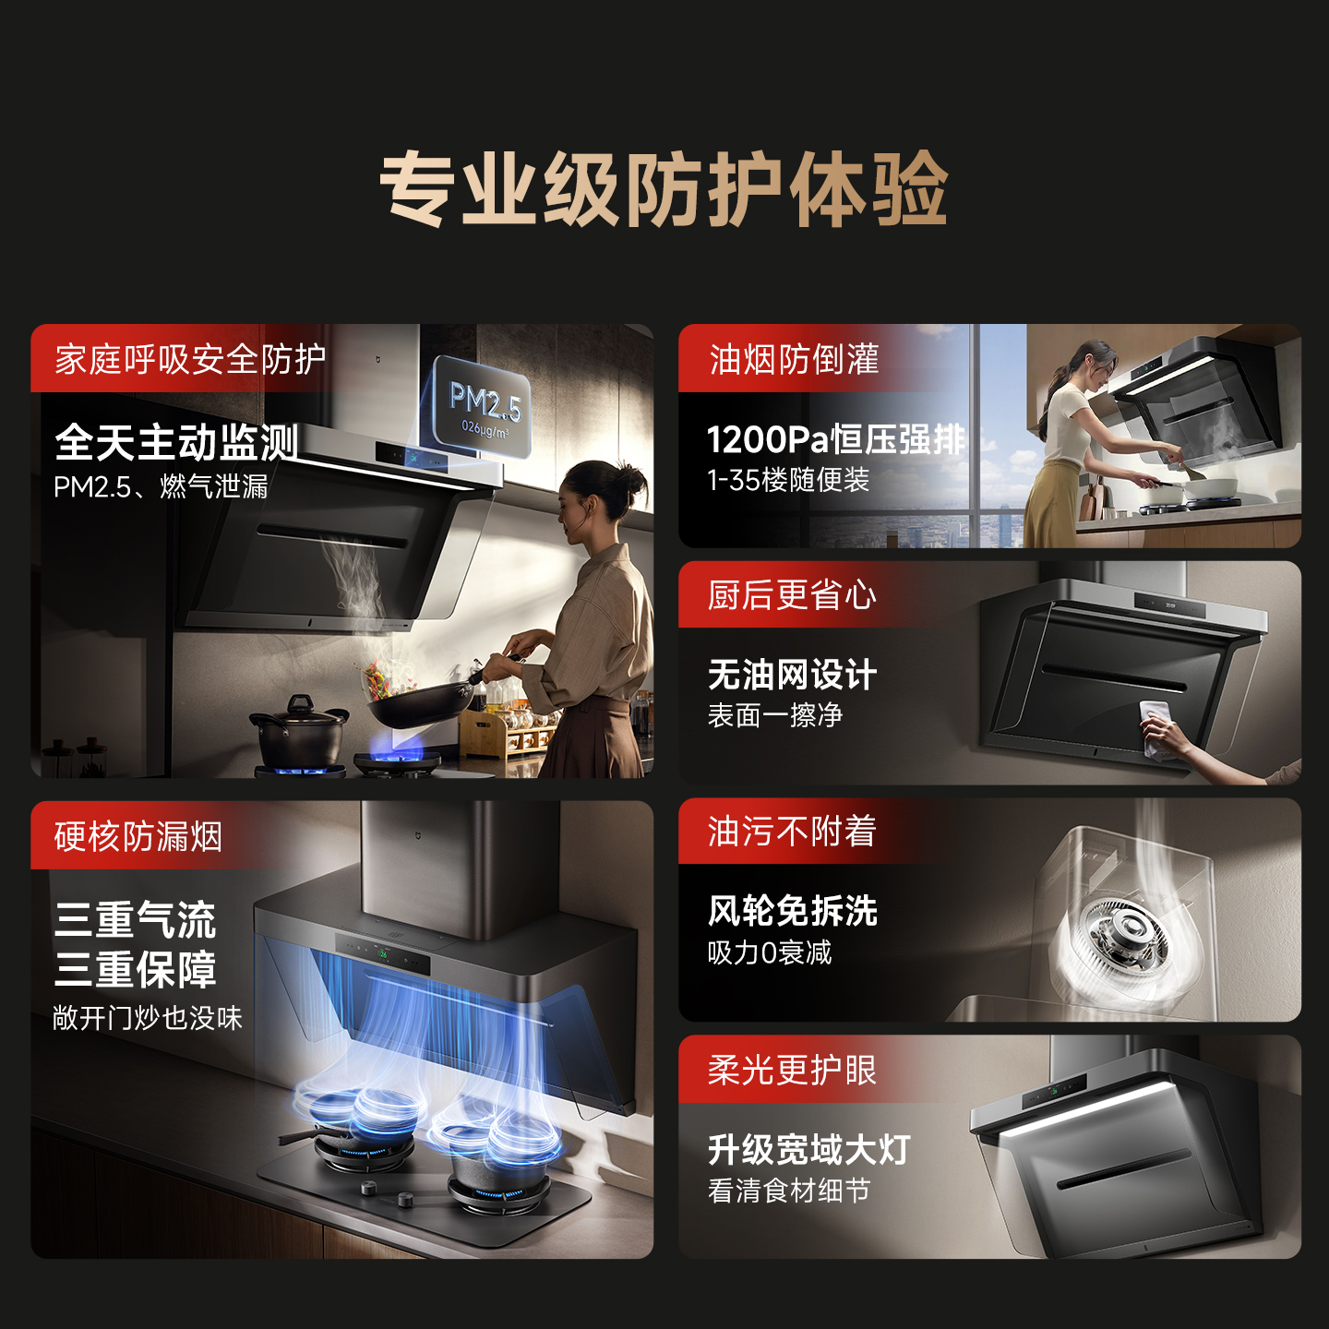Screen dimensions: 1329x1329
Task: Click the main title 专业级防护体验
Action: pos(664,189)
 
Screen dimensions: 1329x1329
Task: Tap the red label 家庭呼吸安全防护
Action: pos(190,359)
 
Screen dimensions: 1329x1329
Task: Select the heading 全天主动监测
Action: pos(176,442)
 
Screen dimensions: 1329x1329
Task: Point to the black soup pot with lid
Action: pos(298,732)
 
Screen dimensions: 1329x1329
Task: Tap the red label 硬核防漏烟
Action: pos(138,836)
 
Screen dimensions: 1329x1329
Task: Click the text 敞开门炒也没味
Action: pos(148,1018)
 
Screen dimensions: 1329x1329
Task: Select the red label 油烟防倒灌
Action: pos(794,359)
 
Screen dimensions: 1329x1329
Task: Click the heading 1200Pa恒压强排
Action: pos(835,439)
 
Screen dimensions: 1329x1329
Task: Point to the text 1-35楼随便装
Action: pos(788,480)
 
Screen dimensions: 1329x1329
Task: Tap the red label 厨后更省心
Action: pos(792,595)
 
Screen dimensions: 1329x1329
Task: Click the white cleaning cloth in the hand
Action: pos(1155,721)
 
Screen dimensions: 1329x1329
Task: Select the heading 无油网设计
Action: pos(792,675)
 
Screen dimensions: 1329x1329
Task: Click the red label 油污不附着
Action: pos(792,832)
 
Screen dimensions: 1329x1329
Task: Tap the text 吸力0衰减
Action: pos(770,952)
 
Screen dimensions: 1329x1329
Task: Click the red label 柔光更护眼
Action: pos(792,1071)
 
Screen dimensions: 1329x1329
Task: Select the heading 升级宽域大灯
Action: pos(808,1150)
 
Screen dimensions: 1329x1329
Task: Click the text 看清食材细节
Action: pos(788,1191)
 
